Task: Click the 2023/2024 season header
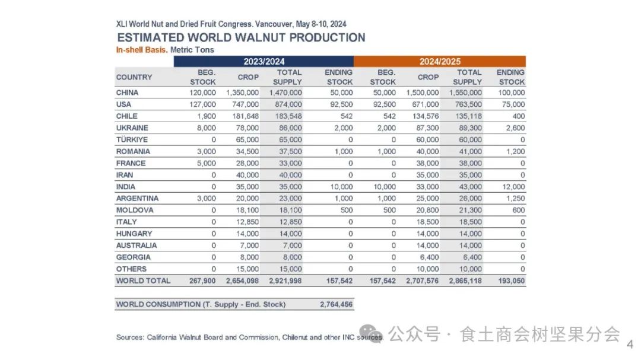[264, 61]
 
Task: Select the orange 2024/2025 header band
[439, 61]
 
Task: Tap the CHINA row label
[127, 93]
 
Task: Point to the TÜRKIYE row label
[132, 139]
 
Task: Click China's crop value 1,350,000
[242, 93]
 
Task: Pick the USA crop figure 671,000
[423, 104]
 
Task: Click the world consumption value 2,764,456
[336, 304]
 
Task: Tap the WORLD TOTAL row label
[143, 281]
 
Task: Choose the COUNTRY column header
[134, 77]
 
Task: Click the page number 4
[630, 343]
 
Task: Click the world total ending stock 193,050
[510, 281]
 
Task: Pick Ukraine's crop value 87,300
[426, 128]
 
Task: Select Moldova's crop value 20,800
[426, 210]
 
